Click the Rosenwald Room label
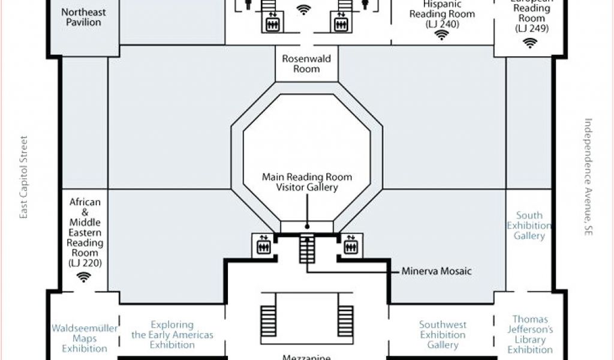tap(306, 64)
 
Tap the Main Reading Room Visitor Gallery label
tap(306, 182)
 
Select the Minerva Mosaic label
tap(437, 271)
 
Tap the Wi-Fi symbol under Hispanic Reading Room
tap(442, 35)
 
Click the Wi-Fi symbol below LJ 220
tap(84, 277)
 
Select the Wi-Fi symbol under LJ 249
tap(529, 43)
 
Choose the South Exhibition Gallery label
tap(529, 226)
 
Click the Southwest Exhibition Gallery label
tap(443, 334)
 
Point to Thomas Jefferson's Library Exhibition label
tap(530, 334)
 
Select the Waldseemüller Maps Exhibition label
tap(85, 338)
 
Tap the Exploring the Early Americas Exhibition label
tap(172, 334)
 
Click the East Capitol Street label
tap(24, 177)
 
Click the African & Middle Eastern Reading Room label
tap(85, 232)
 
